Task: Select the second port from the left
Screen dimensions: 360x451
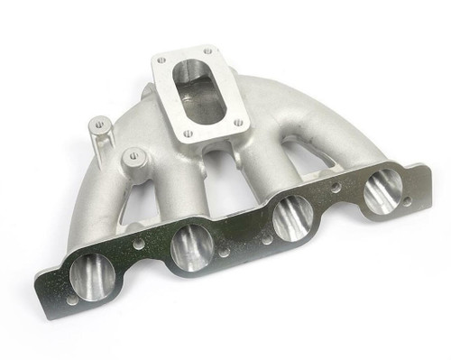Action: click(x=192, y=245)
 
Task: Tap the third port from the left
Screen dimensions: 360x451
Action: click(x=292, y=219)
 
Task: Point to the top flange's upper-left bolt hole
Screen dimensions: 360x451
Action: click(x=161, y=60)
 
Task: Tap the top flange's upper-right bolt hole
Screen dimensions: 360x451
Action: click(x=208, y=50)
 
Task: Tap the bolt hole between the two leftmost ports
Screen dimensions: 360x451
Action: click(x=138, y=243)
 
